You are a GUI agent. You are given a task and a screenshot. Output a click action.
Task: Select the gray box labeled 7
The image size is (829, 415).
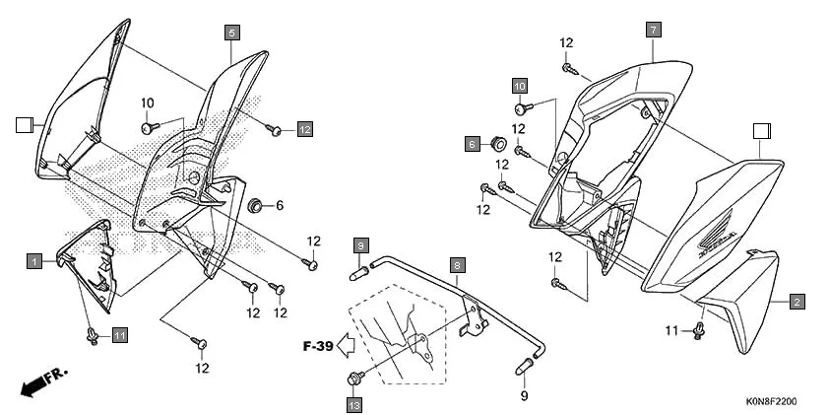652,31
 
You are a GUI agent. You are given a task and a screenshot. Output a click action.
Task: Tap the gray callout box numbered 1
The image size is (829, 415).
33,261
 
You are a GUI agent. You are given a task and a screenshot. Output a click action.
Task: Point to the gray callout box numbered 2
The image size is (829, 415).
796,301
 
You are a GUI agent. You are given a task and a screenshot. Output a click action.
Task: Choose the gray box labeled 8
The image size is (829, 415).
458,265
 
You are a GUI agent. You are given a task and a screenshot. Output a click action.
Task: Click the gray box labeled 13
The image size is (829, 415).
354,403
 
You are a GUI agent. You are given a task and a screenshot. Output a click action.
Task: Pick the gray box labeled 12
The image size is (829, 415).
304,129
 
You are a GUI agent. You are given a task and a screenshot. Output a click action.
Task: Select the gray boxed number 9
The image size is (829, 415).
361,244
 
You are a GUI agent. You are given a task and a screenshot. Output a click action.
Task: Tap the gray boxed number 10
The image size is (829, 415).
519,85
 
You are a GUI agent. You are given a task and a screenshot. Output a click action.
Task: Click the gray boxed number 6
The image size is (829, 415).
473,144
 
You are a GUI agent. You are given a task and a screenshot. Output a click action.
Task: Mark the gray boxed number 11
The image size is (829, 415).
119,336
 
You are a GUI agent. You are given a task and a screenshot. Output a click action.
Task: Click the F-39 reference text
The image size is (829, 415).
317,346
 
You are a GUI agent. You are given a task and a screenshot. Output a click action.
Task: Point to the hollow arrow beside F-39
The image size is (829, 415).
345,346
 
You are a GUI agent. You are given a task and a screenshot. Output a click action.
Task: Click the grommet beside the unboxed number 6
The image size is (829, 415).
255,205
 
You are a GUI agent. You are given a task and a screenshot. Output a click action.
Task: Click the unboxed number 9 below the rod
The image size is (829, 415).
524,396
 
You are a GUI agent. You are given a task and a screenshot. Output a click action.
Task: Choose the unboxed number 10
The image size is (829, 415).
148,104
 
